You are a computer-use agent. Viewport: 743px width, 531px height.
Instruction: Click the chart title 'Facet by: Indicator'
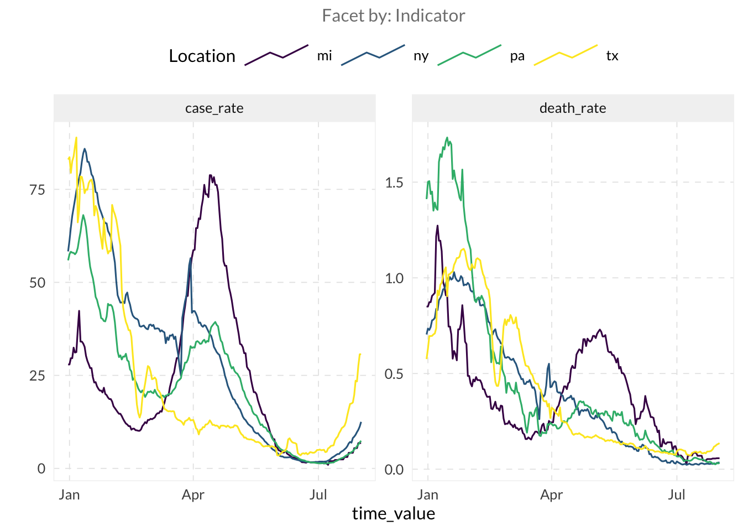tap(393, 16)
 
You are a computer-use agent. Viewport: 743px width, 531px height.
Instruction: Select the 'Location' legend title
tap(202, 56)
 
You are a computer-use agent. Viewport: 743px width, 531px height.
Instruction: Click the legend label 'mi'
tap(325, 56)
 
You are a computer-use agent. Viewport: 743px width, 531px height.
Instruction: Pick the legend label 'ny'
tap(421, 56)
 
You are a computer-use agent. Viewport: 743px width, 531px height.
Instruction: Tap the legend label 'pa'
tap(517, 56)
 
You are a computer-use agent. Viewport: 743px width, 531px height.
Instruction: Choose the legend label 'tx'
tap(612, 56)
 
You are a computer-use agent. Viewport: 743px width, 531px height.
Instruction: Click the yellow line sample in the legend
tap(566, 55)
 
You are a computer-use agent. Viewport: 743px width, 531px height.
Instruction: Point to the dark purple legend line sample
tap(276, 55)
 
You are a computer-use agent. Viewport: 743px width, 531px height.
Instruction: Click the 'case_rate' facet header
tap(214, 108)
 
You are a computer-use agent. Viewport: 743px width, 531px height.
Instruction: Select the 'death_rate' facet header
tap(573, 108)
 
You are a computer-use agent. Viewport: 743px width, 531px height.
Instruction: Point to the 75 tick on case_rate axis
tap(38, 190)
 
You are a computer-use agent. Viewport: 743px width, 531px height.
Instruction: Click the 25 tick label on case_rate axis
tap(38, 376)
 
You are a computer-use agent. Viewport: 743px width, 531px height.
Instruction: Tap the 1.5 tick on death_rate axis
tap(394, 183)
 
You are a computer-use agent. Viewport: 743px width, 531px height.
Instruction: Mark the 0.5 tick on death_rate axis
tap(394, 374)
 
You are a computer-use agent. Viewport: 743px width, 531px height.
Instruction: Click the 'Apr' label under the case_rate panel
tap(193, 494)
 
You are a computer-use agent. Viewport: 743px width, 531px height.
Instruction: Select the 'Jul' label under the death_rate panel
tap(677, 494)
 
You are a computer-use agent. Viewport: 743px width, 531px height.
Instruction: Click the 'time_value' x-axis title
tap(394, 514)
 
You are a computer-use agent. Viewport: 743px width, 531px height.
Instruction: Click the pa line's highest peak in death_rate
tap(447, 138)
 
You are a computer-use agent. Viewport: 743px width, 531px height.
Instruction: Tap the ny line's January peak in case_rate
tap(85, 148)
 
